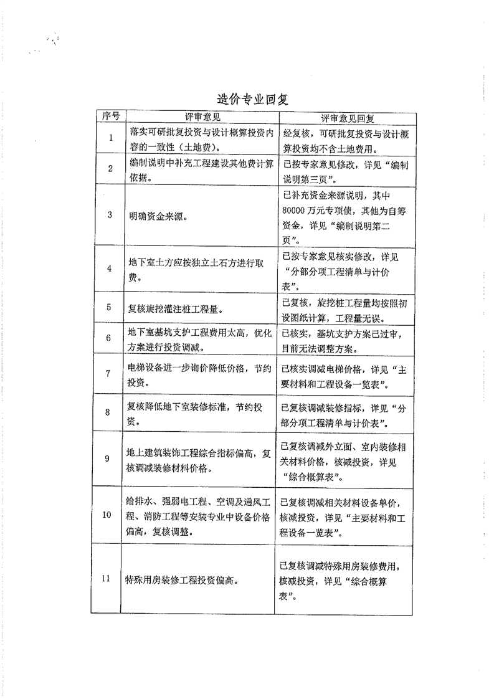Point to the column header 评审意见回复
346,117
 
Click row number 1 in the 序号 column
110,138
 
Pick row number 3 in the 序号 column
110,215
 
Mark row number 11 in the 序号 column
107,578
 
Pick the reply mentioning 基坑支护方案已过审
345,339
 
